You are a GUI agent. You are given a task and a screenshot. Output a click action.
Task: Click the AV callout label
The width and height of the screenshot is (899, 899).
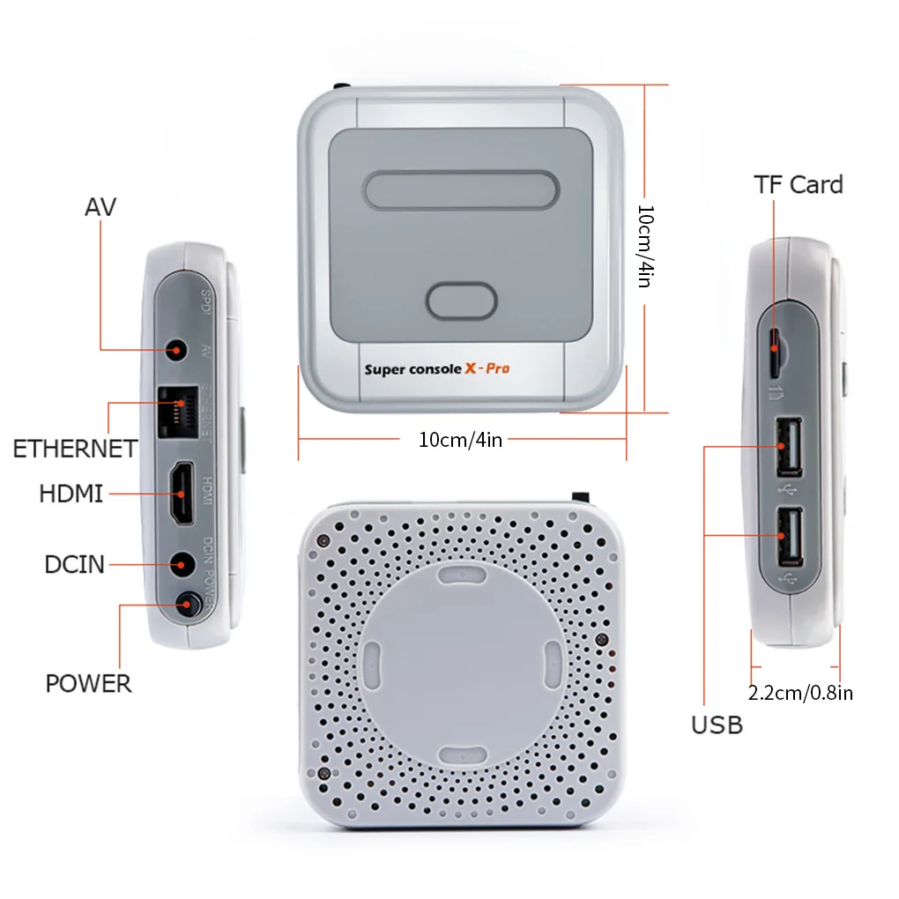[100, 208]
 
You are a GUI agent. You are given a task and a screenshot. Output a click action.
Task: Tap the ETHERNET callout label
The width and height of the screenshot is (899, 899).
[75, 449]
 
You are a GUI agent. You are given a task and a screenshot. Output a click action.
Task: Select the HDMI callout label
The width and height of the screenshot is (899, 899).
[71, 494]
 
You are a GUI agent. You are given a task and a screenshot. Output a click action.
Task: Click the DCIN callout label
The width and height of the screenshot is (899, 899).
[74, 564]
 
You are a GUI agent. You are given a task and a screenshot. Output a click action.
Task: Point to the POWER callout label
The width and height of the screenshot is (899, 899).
[88, 683]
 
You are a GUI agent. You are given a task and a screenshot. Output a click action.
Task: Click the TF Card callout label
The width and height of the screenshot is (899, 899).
[798, 184]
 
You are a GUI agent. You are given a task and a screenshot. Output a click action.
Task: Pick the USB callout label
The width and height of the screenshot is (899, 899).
[717, 724]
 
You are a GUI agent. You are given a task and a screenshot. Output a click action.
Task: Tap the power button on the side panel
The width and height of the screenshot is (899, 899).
[187, 606]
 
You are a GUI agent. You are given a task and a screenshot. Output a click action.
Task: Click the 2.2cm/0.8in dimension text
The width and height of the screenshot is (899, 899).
[799, 693]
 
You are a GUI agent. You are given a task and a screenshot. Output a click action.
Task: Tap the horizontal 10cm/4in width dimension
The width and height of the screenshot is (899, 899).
[460, 439]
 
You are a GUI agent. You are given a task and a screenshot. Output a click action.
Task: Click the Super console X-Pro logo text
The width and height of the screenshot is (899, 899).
[436, 368]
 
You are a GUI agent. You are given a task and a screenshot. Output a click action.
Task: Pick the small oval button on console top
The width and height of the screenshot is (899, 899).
[461, 301]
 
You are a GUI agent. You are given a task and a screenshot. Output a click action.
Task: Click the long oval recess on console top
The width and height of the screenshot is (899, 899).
[461, 190]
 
